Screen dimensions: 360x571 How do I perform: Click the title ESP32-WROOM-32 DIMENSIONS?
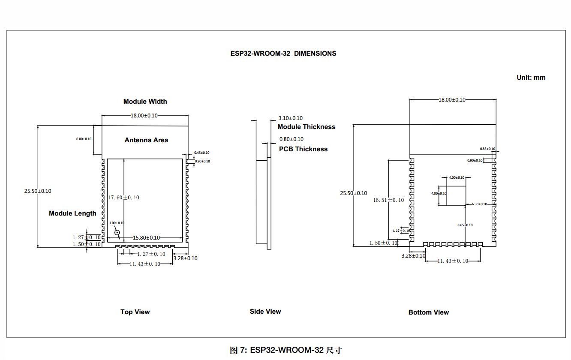(x=283, y=54)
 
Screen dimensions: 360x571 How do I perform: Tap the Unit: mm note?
(x=531, y=78)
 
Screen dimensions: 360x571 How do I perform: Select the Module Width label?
(x=145, y=102)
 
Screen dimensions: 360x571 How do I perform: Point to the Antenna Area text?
(x=146, y=140)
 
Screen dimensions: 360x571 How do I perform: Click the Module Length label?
(x=72, y=213)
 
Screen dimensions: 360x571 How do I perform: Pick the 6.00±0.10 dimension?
(x=84, y=139)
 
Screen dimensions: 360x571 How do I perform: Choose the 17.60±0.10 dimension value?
(x=124, y=198)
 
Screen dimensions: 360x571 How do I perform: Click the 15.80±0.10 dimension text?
(x=146, y=238)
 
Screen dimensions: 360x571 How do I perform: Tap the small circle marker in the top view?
(x=117, y=232)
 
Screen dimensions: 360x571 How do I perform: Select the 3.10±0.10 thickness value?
(x=290, y=118)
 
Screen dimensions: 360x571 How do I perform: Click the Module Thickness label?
(x=306, y=127)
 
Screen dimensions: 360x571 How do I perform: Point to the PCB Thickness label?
(x=303, y=149)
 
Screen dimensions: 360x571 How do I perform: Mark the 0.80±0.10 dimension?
(x=291, y=139)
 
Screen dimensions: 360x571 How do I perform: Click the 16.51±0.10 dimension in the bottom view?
(x=388, y=200)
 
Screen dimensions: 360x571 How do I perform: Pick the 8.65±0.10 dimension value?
(x=465, y=225)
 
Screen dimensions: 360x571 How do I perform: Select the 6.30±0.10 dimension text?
(x=479, y=204)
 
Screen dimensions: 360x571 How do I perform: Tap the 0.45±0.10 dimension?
(x=201, y=153)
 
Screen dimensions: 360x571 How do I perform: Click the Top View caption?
(x=135, y=312)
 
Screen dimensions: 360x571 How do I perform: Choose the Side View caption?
(x=265, y=312)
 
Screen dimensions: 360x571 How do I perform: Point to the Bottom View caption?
(x=428, y=312)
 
